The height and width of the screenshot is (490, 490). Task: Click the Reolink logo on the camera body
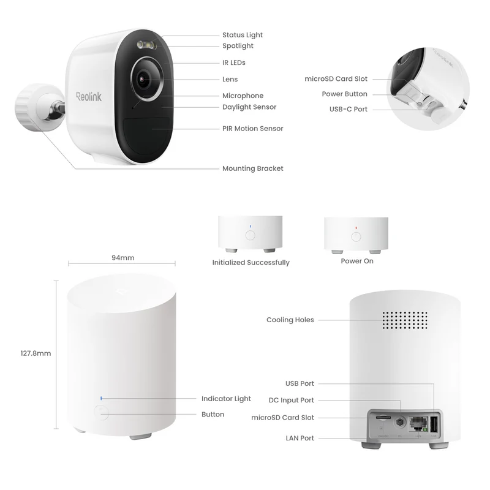pyautogui.click(x=89, y=97)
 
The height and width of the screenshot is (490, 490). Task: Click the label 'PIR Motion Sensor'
pyautogui.click(x=252, y=129)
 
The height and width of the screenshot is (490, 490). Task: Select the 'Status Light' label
pyautogui.click(x=243, y=35)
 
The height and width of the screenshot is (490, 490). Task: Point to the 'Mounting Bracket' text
pyautogui.click(x=252, y=168)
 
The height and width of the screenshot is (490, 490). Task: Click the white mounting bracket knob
pyautogui.click(x=26, y=107)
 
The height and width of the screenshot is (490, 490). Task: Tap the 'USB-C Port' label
pyautogui.click(x=349, y=109)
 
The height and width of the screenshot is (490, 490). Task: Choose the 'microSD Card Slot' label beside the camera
pyautogui.click(x=336, y=79)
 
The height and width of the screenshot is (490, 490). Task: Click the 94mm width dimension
pyautogui.click(x=123, y=258)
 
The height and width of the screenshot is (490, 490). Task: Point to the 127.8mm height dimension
pyautogui.click(x=36, y=353)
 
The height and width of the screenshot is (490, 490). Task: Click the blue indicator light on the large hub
pyautogui.click(x=101, y=399)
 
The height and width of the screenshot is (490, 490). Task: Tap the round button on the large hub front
pyautogui.click(x=101, y=412)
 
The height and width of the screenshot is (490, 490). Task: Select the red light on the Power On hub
pyautogui.click(x=356, y=228)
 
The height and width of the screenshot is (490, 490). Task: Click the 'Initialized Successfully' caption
pyautogui.click(x=251, y=263)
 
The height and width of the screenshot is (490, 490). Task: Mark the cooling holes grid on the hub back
pyautogui.click(x=405, y=320)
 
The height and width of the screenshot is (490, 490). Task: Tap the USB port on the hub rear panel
pyautogui.click(x=434, y=424)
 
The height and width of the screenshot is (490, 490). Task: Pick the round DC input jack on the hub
pyautogui.click(x=400, y=423)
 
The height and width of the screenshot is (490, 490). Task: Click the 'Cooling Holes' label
pyautogui.click(x=290, y=320)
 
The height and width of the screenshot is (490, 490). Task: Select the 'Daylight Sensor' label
pyautogui.click(x=249, y=107)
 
